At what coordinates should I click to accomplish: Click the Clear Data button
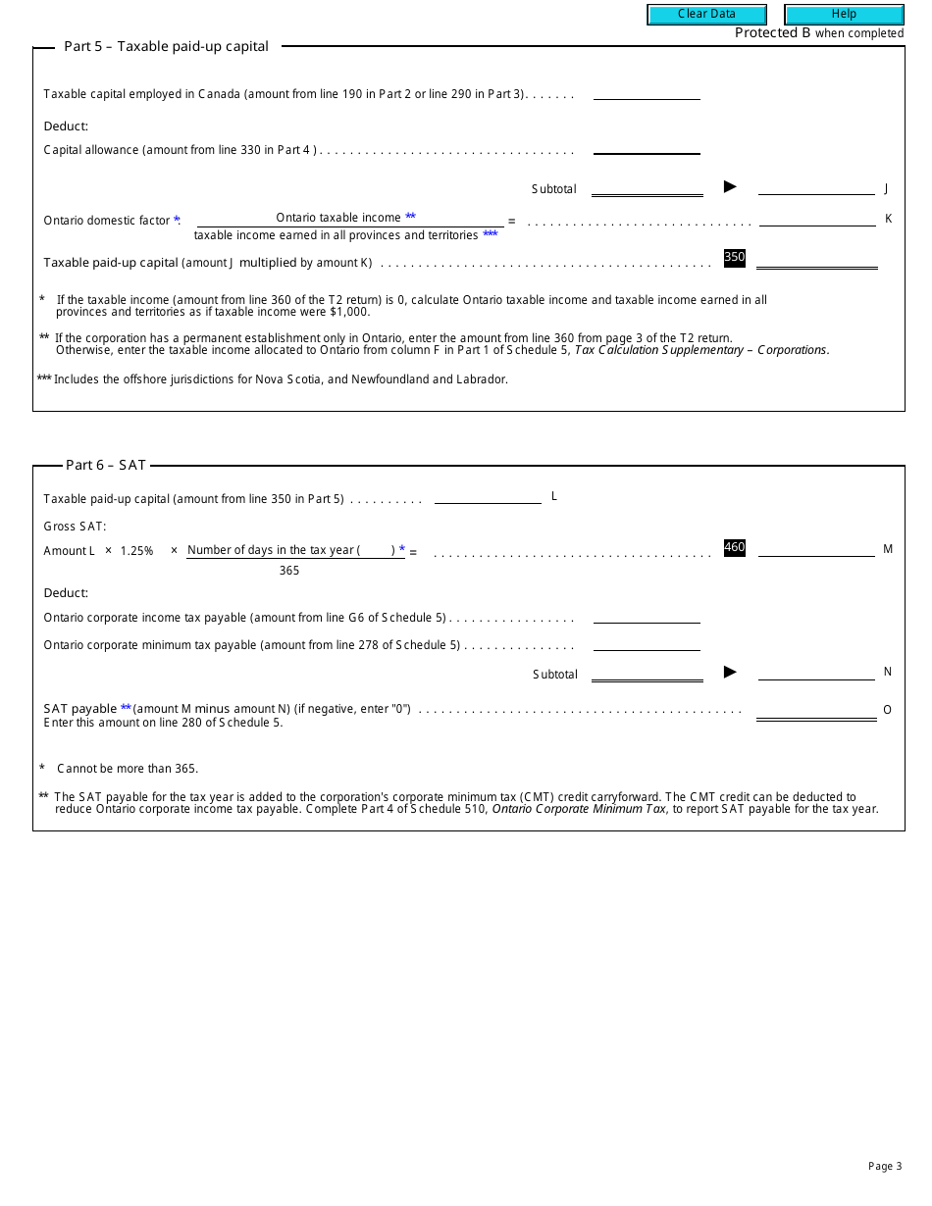pos(706,15)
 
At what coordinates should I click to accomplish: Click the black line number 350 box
pos(735,258)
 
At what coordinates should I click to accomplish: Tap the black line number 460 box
pos(735,548)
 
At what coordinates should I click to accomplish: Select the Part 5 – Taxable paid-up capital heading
pos(166,46)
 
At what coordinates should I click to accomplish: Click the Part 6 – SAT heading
pos(106,466)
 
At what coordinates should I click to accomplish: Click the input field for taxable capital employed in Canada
pos(647,91)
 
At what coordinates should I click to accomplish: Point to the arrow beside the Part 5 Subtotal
pos(730,186)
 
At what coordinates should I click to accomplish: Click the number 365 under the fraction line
pos(289,571)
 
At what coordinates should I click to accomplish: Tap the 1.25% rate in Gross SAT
pos(137,551)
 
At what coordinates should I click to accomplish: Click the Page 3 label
pos(884,1166)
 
